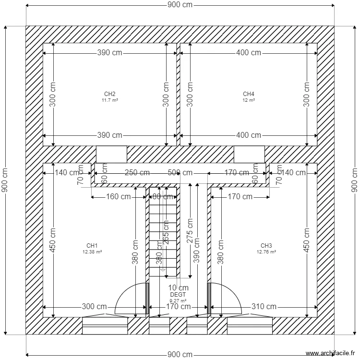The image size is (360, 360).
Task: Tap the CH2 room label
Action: tap(109, 94)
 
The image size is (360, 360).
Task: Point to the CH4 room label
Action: tap(248, 94)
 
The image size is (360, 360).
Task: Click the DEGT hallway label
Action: tap(178, 295)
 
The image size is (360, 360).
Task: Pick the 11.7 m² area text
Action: tap(109, 100)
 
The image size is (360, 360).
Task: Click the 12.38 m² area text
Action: tap(92, 252)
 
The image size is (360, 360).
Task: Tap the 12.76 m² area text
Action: tap(266, 252)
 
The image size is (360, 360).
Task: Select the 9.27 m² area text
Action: tap(178, 301)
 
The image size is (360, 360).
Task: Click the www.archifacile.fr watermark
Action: tap(328, 352)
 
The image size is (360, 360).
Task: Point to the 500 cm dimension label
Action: tap(180, 173)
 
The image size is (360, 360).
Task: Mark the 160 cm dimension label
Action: tap(118, 197)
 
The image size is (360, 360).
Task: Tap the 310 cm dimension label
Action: tap(264, 307)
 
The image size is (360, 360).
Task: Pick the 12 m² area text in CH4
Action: tap(248, 100)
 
